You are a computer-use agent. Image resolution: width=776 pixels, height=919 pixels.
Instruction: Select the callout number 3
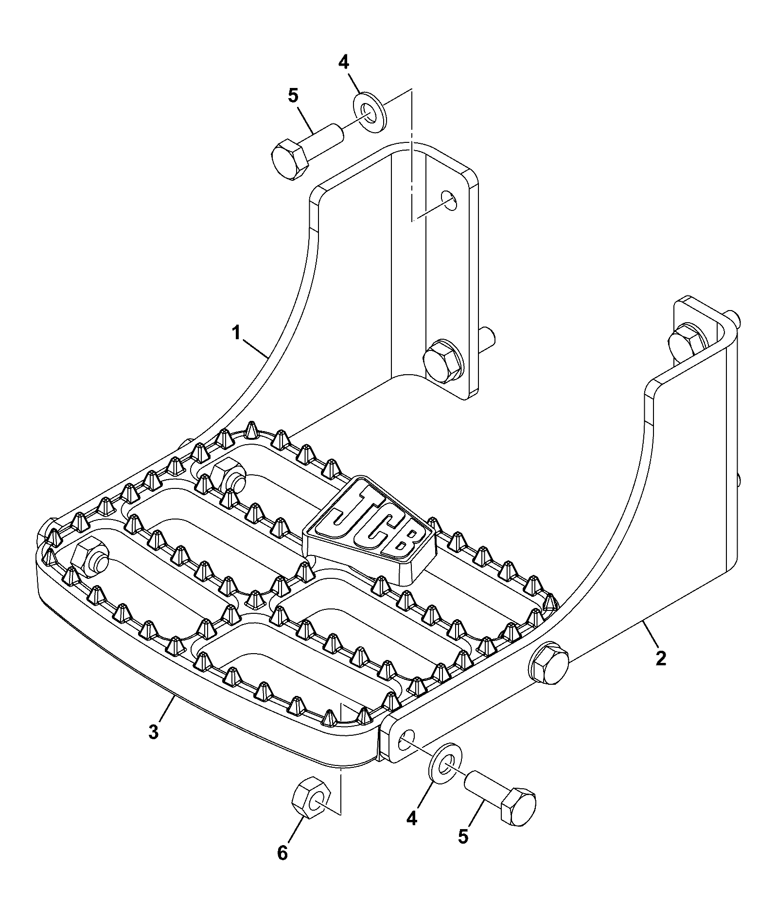[x=154, y=732]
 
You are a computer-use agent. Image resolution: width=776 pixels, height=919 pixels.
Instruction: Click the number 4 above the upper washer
[x=344, y=62]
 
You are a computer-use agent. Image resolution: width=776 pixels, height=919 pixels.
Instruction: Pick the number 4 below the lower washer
[x=412, y=819]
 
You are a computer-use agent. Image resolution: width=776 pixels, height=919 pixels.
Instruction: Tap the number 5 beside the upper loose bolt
[x=293, y=96]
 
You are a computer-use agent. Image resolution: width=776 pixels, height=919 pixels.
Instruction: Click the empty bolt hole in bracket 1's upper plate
[x=449, y=200]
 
